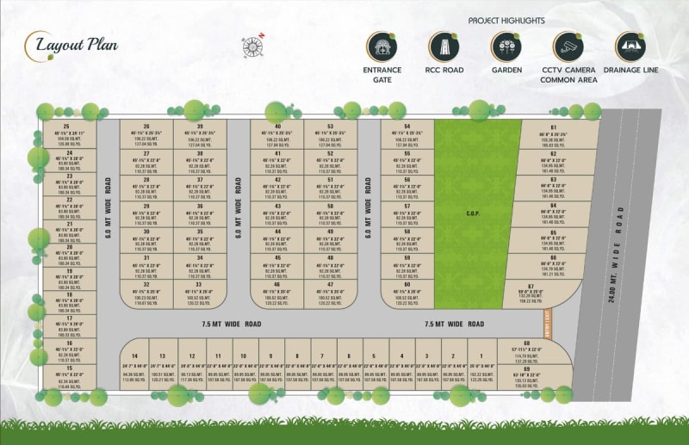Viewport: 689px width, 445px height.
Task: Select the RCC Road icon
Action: point(443,46)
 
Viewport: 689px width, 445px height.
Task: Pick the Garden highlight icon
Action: point(506,46)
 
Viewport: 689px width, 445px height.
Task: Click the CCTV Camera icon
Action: point(568,46)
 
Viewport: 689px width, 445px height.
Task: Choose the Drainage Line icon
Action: point(630,46)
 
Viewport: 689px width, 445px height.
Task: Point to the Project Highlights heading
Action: point(506,20)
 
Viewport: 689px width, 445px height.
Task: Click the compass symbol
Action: point(253,46)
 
